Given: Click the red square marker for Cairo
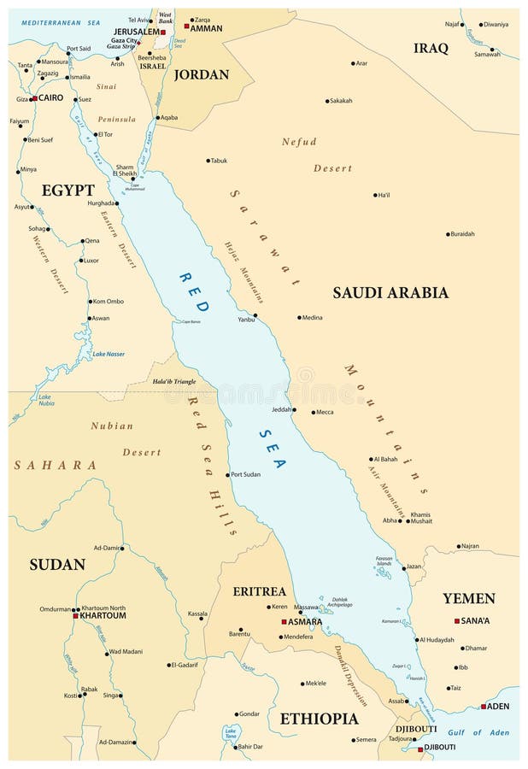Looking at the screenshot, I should [34, 99].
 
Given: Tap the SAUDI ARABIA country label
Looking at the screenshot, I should [390, 293].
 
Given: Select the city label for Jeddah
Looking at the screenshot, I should [281, 410].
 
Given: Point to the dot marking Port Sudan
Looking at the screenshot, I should [228, 475].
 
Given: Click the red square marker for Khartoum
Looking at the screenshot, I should [76, 615].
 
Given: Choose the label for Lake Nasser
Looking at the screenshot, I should [109, 354].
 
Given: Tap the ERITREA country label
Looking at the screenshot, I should [259, 591].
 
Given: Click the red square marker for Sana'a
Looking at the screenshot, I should [457, 621].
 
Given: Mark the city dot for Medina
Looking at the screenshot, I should [299, 318].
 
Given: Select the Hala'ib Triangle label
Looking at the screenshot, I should [173, 381].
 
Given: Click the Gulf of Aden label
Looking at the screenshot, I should [478, 732].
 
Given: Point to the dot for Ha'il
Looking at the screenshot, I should [375, 195].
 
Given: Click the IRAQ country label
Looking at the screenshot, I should [431, 49].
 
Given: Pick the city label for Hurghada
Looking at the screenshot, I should [100, 203].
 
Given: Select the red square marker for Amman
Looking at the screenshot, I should [187, 26].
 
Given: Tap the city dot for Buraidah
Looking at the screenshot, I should [448, 234].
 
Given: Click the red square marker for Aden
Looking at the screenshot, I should [484, 707].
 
